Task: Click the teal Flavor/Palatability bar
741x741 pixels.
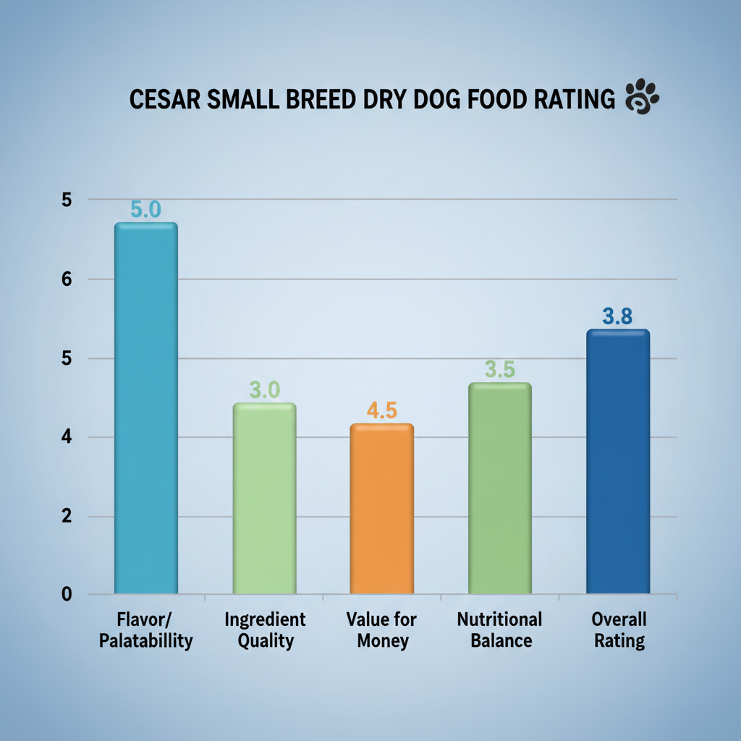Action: coord(145,409)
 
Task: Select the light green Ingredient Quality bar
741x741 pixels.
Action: coord(264,499)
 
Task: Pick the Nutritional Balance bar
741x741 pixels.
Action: coord(500,488)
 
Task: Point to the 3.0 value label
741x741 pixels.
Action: coord(264,390)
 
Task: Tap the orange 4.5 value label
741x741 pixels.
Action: coord(381,410)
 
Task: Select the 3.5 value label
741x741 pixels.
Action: coord(499,370)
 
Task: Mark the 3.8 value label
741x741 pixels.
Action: coord(617,316)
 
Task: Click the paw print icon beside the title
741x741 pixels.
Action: coord(641,99)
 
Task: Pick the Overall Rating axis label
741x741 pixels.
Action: coord(619,630)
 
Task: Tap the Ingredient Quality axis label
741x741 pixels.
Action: coord(265,630)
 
